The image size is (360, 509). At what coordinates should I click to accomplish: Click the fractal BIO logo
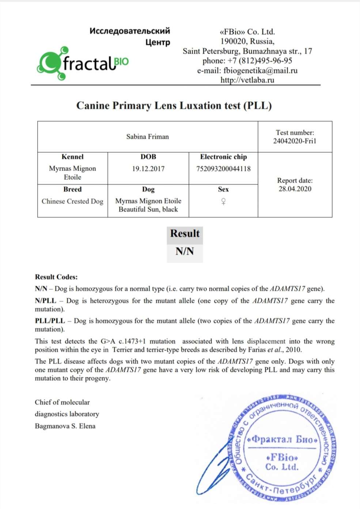click(83, 63)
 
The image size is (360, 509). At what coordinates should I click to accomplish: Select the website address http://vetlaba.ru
click(247, 80)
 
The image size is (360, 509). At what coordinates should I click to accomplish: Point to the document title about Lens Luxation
click(174, 106)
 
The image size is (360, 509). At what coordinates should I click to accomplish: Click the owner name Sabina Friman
click(147, 137)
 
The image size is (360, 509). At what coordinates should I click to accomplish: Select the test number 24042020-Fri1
click(295, 141)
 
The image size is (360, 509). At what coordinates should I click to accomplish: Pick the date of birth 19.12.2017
click(148, 169)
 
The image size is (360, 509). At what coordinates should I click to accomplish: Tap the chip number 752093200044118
click(223, 169)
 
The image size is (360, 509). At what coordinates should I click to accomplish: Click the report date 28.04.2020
click(295, 189)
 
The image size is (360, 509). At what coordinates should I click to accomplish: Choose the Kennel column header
click(72, 157)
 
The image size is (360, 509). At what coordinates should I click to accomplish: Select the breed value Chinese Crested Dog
click(72, 201)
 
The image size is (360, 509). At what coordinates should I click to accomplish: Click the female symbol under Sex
click(223, 201)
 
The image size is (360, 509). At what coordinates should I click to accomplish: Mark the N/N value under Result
click(185, 251)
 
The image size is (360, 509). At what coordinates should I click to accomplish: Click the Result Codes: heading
click(56, 277)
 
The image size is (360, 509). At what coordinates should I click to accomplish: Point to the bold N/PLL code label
click(46, 301)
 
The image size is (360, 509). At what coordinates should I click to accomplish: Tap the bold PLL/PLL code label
click(50, 321)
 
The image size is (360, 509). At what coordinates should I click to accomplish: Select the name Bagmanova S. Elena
click(65, 426)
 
